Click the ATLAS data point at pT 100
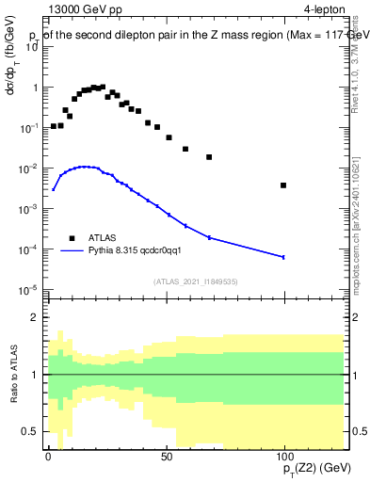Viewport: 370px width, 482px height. click(x=283, y=185)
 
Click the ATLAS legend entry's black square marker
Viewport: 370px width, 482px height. click(x=71, y=238)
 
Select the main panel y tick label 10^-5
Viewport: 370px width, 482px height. click(x=27, y=289)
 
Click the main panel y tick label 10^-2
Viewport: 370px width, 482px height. click(x=27, y=168)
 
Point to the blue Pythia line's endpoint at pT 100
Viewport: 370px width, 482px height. click(x=283, y=257)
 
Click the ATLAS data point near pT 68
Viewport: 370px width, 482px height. click(x=209, y=157)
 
